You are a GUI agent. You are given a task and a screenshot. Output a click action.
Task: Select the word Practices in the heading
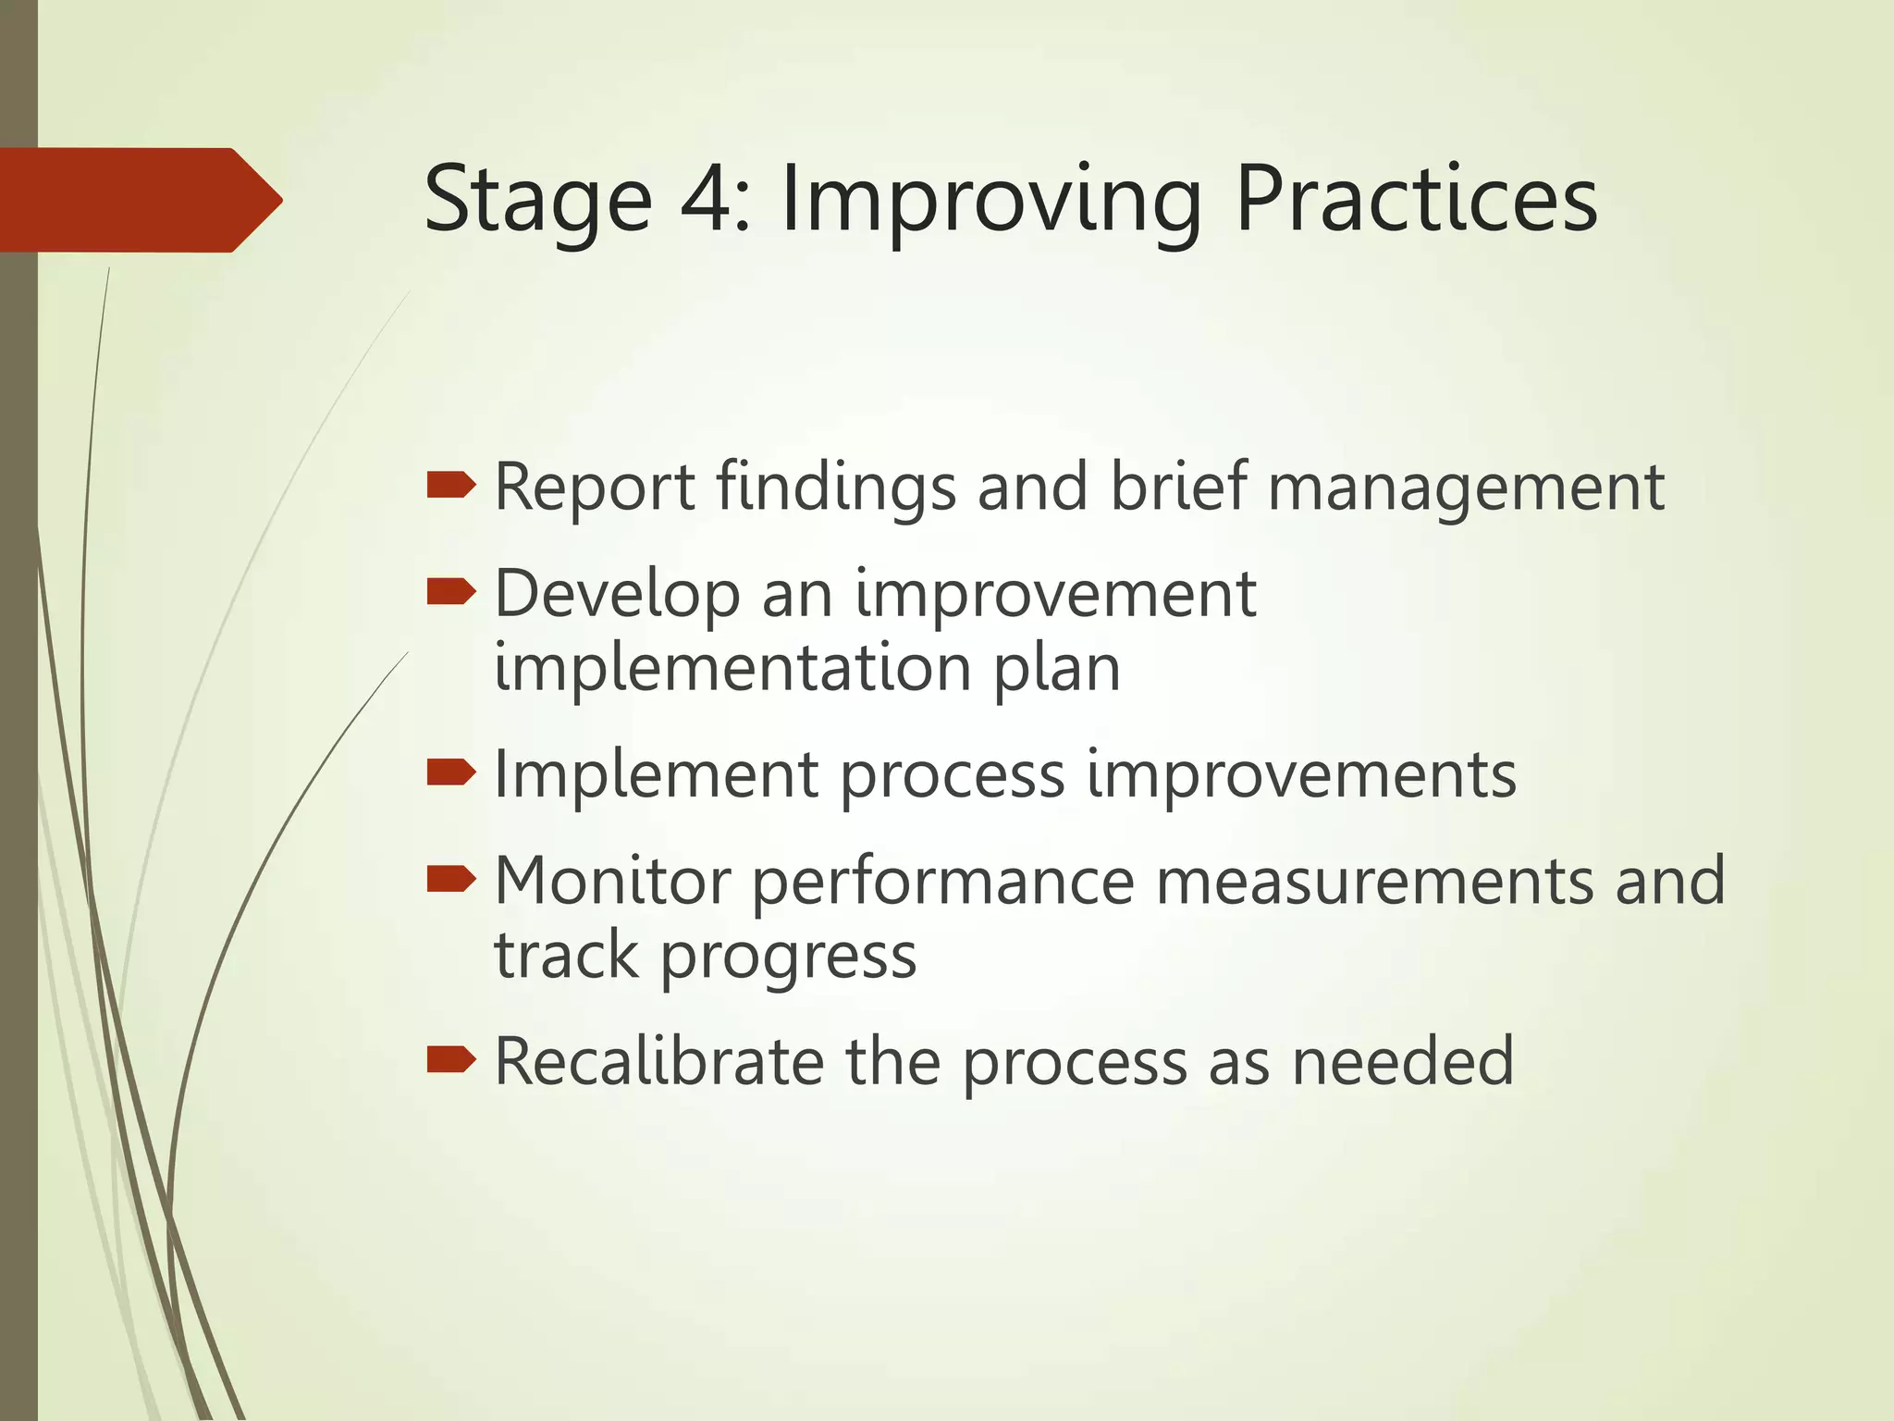pyautogui.click(x=1416, y=199)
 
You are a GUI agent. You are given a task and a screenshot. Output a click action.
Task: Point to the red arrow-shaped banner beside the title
pyautogui.click(x=139, y=200)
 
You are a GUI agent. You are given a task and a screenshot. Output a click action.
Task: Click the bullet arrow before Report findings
pyautogui.click(x=451, y=485)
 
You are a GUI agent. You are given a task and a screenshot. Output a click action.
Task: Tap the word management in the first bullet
pyautogui.click(x=1466, y=488)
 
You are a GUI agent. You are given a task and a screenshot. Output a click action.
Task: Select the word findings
pyautogui.click(x=836, y=488)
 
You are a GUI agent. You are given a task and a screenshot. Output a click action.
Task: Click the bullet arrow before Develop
pyautogui.click(x=451, y=591)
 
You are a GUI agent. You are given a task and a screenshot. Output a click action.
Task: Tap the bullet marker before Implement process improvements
pyautogui.click(x=451, y=772)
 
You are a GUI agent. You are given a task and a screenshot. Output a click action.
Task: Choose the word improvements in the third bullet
pyautogui.click(x=1300, y=774)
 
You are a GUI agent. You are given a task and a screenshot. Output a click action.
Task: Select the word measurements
pyautogui.click(x=1373, y=880)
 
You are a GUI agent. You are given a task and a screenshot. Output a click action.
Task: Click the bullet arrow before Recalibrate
pyautogui.click(x=451, y=1059)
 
